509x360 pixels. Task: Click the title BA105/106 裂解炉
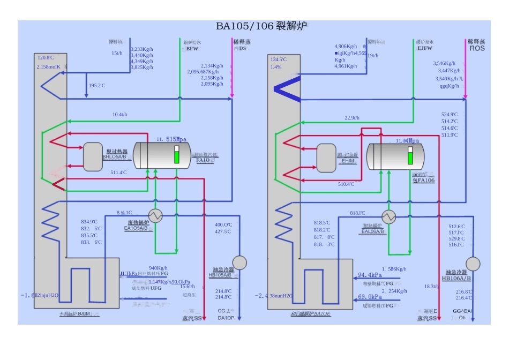(x=261, y=26)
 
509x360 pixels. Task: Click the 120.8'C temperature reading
(x=46, y=57)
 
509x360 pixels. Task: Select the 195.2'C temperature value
(x=97, y=86)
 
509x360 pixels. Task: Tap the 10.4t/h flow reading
(x=119, y=115)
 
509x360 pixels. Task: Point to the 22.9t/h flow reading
(x=352, y=118)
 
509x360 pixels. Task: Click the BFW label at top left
(x=192, y=49)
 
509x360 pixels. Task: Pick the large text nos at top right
(x=477, y=48)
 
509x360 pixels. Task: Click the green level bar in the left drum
(x=175, y=157)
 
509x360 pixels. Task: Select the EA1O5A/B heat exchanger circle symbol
(x=156, y=215)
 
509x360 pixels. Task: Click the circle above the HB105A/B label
(x=241, y=262)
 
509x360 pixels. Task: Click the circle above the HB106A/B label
(x=473, y=264)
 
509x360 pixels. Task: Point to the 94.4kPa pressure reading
(x=370, y=276)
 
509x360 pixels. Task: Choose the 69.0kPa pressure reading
(x=370, y=297)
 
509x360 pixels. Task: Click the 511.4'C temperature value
(x=118, y=172)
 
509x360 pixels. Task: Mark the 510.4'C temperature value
(x=346, y=184)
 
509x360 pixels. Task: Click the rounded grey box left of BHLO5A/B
(x=93, y=156)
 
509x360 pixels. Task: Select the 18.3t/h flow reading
(x=431, y=287)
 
